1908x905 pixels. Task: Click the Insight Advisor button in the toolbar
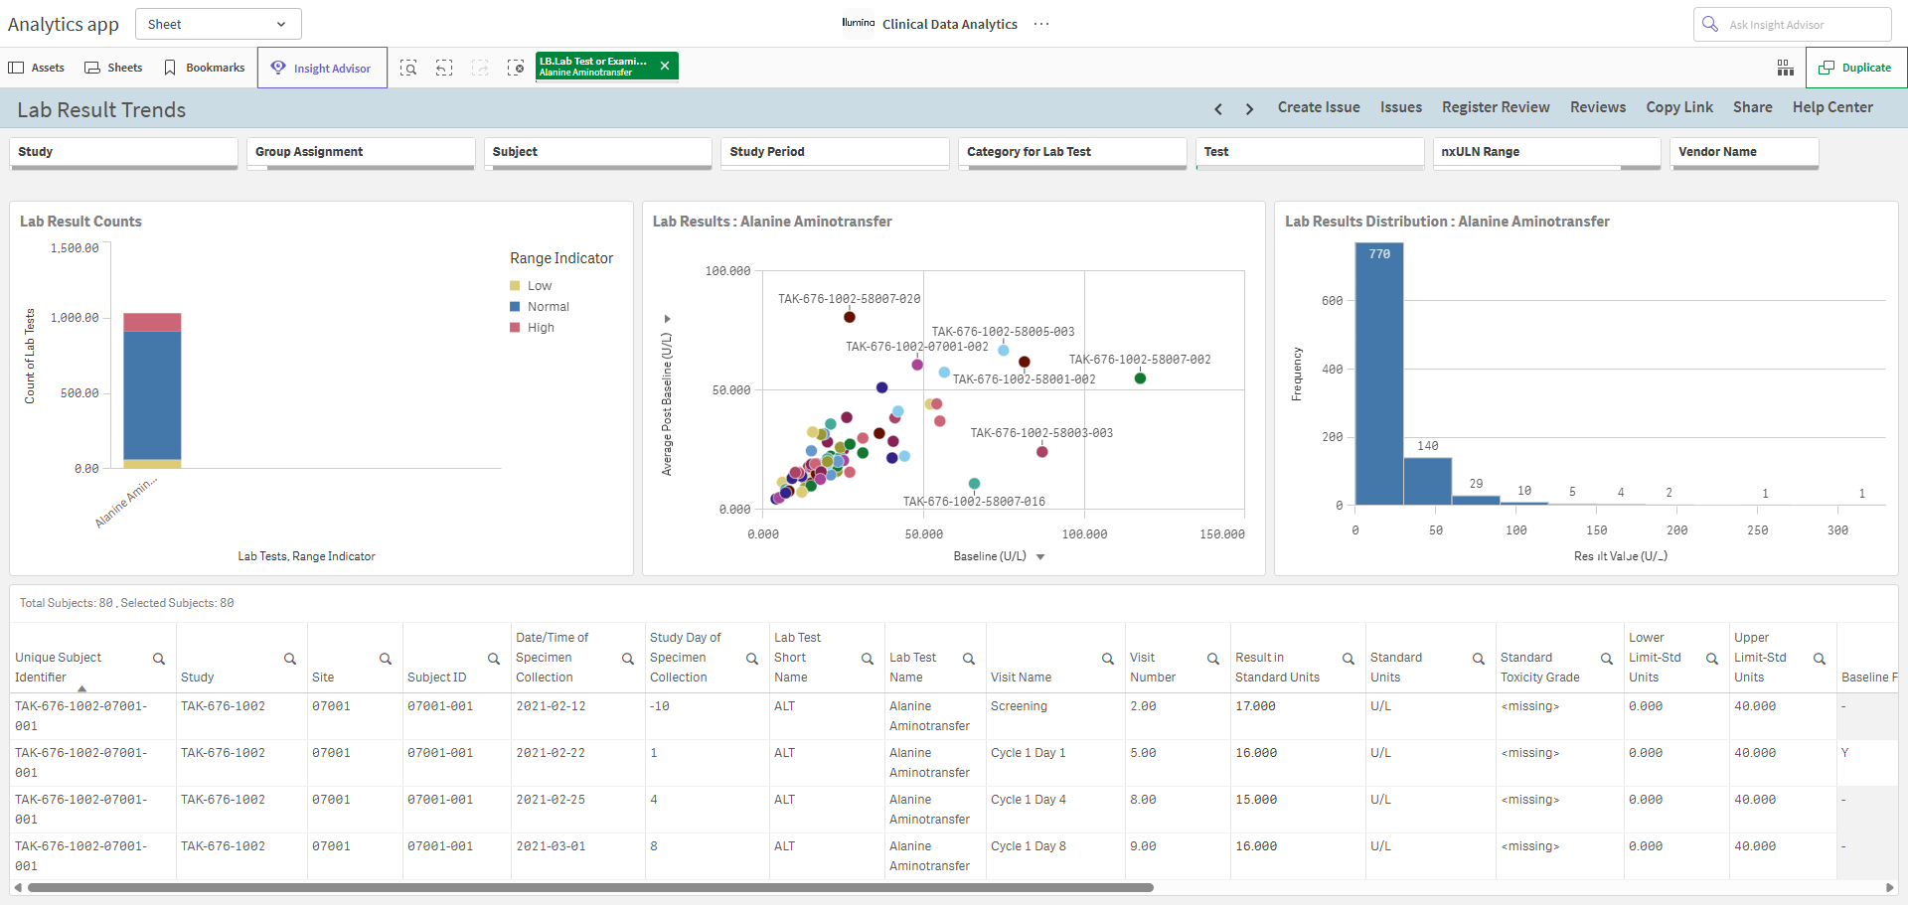point(322,68)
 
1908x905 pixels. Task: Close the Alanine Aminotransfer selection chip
point(665,66)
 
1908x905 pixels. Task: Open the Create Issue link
point(1319,107)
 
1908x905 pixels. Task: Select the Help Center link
point(1832,107)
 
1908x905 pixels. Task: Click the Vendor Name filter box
point(1745,152)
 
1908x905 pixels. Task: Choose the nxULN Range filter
point(1546,152)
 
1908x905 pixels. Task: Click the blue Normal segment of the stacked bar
point(152,395)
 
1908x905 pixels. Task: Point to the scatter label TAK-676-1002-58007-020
point(849,299)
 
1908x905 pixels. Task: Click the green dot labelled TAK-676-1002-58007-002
point(1140,378)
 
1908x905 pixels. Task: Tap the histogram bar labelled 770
point(1379,374)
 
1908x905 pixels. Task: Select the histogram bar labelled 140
point(1428,481)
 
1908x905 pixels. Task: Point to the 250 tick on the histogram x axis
point(1757,530)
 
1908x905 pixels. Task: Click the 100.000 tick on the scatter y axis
point(727,271)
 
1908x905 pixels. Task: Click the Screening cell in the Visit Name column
point(1019,706)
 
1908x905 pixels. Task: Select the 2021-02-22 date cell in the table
point(551,753)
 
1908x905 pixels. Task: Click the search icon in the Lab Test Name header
point(969,659)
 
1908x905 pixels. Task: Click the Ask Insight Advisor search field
point(1792,25)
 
